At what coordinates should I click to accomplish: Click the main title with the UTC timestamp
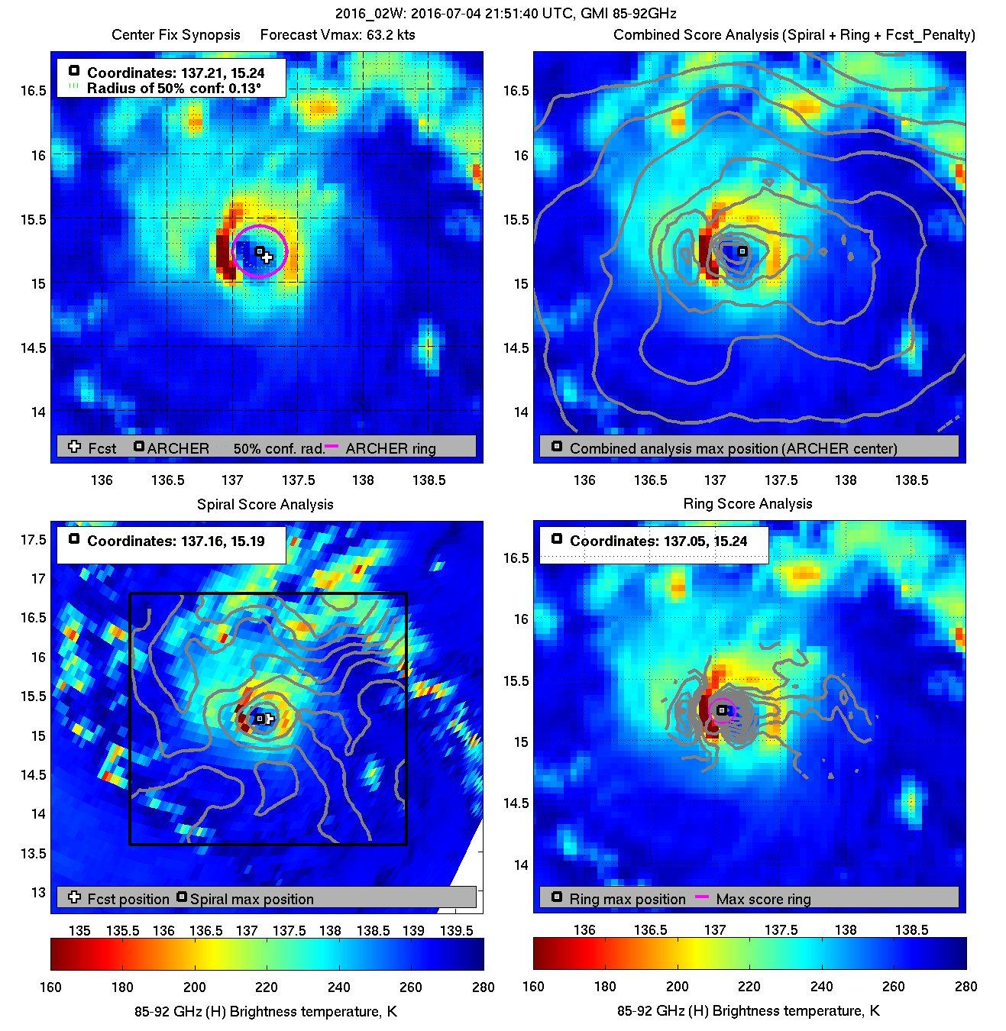[x=506, y=14]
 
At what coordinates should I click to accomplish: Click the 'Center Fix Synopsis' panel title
[x=176, y=35]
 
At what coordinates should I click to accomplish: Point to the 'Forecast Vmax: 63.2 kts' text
[x=338, y=35]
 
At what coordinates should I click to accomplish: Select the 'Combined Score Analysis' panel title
[x=794, y=35]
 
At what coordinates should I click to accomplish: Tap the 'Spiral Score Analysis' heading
[x=265, y=504]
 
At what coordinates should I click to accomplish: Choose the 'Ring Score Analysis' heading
[x=747, y=504]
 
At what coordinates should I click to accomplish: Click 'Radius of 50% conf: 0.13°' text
[x=173, y=88]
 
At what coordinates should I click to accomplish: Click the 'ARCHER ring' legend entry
[x=390, y=449]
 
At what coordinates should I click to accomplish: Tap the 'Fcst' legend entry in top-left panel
[x=102, y=449]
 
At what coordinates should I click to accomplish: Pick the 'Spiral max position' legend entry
[x=251, y=900]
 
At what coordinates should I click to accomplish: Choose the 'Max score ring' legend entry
[x=763, y=900]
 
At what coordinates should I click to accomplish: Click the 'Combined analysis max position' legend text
[x=733, y=449]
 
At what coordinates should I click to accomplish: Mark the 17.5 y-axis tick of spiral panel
[x=34, y=540]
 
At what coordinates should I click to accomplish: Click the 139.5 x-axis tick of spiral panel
[x=456, y=931]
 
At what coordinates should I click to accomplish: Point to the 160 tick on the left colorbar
[x=50, y=987]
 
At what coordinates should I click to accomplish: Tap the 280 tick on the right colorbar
[x=966, y=987]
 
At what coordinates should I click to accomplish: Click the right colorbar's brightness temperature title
[x=748, y=1011]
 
